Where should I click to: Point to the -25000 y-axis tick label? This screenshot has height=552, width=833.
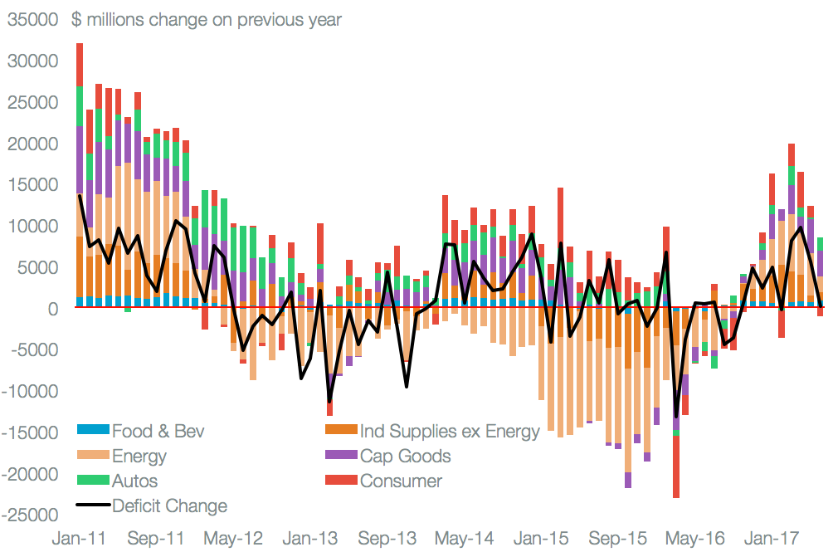[30, 515]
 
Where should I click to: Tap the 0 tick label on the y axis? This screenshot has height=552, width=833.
[51, 309]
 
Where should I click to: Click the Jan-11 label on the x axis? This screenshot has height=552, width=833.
[80, 538]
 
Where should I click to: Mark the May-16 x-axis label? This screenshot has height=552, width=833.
[695, 538]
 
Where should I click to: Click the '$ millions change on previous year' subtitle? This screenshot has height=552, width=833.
[207, 19]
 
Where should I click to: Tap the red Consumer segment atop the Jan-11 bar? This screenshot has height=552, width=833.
[80, 64]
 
